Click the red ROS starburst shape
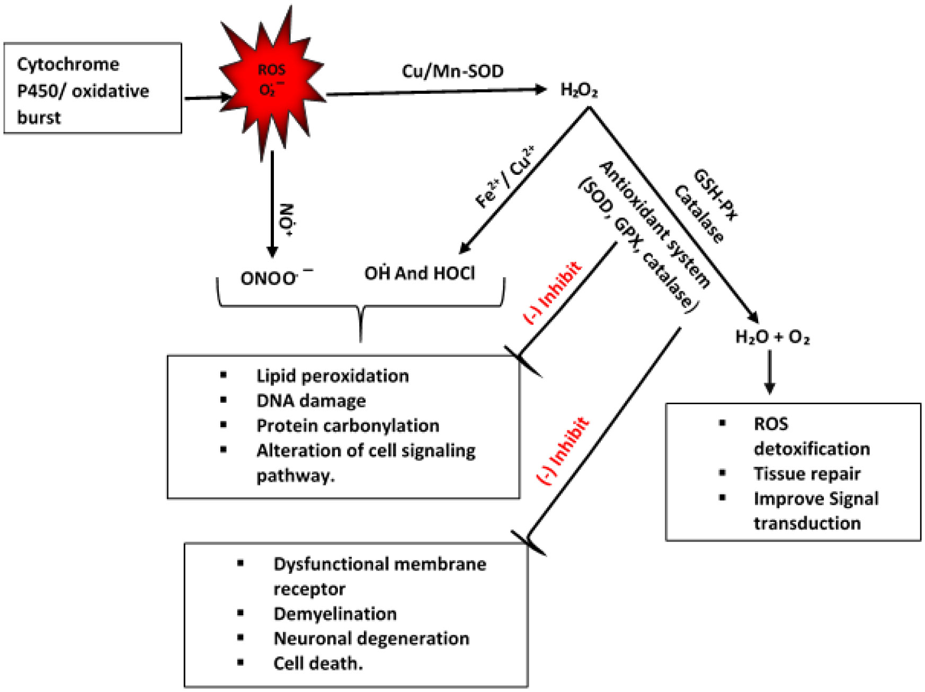[272, 85]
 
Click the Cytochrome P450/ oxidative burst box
[93, 88]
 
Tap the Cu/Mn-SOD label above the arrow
[452, 71]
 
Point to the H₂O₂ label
[579, 91]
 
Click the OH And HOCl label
[420, 273]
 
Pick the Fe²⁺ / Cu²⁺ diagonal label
[505, 177]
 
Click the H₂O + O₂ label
[772, 337]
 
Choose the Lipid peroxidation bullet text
[333, 376]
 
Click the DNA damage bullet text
[311, 401]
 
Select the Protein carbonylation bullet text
[348, 425]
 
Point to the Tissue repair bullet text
[807, 473]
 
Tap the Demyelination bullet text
[335, 614]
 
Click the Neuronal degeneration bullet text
[371, 638]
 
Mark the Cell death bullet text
[318, 663]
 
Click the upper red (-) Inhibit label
[553, 292]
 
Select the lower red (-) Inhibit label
[563, 451]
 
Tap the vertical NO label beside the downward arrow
[287, 219]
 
